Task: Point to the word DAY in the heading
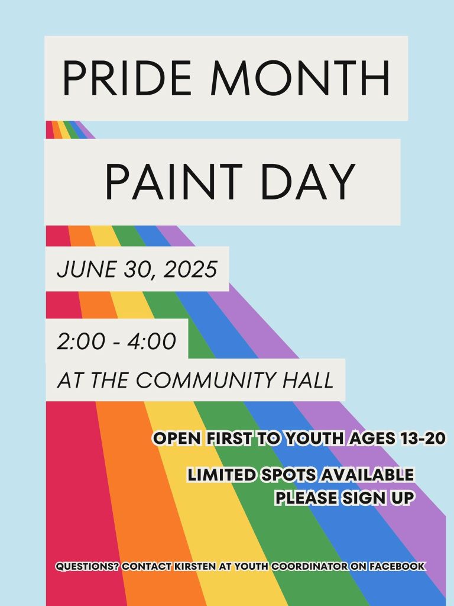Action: point(308,181)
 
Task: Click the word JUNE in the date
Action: point(86,269)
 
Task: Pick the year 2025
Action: point(190,269)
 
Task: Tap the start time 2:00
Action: point(80,341)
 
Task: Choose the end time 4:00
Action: point(152,341)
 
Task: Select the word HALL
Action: point(307,380)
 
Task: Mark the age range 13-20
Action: point(423,439)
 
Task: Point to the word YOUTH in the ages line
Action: point(314,439)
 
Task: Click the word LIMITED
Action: point(222,475)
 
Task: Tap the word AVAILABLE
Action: point(367,475)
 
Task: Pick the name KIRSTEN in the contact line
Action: point(195,566)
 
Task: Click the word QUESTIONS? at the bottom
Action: point(87,566)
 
